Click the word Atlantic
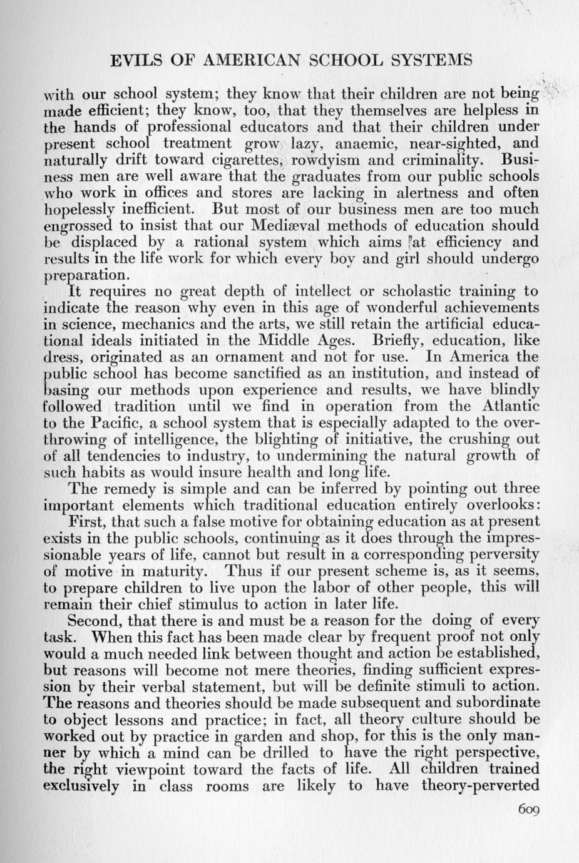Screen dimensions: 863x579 [x=505, y=406]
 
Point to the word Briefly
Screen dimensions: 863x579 [x=401, y=340]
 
